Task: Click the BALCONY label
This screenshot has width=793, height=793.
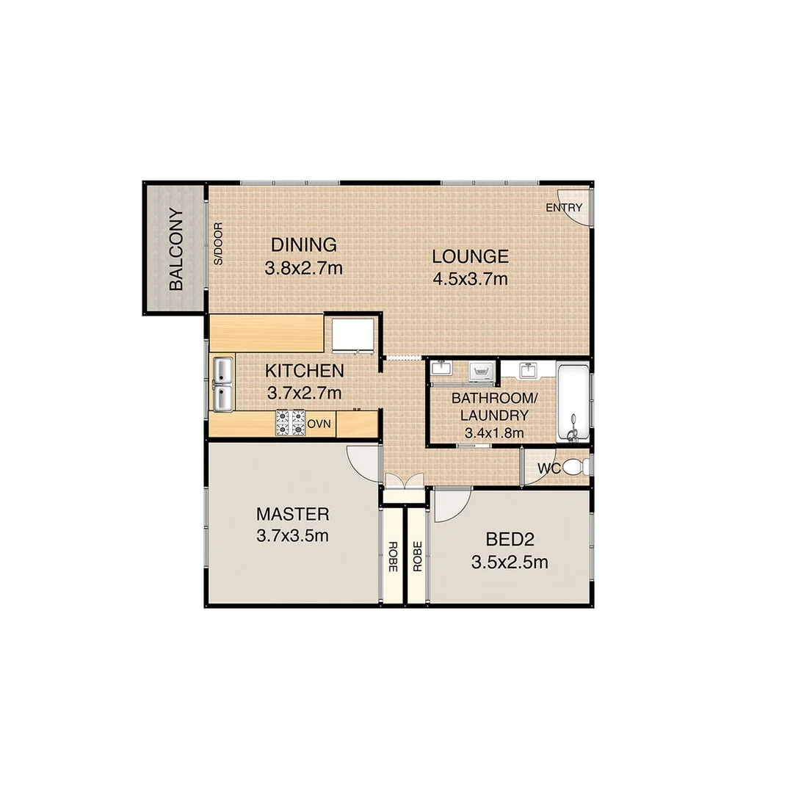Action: [176, 250]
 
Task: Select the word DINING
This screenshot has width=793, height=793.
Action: [303, 245]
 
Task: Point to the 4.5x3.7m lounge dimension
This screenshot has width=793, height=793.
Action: [470, 279]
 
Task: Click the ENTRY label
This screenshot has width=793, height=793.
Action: [564, 208]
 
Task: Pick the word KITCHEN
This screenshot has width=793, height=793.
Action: [304, 371]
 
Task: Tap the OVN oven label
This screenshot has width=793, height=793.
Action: [320, 424]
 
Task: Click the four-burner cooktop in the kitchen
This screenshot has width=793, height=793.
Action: [290, 422]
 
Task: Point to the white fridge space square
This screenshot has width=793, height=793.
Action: [354, 335]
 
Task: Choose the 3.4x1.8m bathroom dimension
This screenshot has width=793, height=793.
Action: [494, 432]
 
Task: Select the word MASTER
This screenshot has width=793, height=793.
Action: [292, 513]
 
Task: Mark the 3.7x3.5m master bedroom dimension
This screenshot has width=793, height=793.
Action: [292, 536]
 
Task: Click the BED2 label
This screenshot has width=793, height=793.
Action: [509, 540]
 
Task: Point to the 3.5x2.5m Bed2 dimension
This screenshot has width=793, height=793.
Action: [509, 563]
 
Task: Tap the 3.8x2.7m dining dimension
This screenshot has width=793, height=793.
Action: [303, 268]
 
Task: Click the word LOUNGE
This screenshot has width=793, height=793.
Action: [470, 256]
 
